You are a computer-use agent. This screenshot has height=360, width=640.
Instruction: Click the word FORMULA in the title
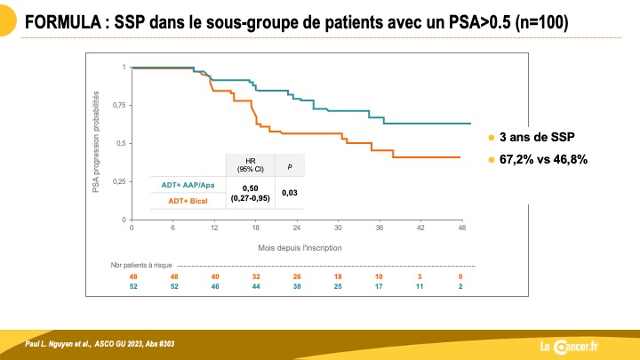63,22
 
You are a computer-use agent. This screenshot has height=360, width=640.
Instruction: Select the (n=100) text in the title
541,22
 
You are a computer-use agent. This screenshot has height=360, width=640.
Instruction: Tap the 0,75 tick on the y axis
120,105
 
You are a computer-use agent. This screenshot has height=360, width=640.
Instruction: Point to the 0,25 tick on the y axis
120,181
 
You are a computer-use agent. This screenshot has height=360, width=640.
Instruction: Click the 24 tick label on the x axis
297,228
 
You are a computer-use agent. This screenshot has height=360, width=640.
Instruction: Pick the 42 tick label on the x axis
420,228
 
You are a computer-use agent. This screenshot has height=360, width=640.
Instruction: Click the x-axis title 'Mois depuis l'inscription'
300,248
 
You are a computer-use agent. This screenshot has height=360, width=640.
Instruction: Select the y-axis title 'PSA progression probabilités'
95,141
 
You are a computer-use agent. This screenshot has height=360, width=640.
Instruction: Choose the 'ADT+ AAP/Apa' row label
188,185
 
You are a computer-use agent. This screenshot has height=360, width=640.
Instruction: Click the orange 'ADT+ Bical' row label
188,201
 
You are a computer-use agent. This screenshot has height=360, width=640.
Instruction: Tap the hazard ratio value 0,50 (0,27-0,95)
250,193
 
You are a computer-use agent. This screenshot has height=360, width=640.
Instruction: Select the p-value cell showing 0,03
290,193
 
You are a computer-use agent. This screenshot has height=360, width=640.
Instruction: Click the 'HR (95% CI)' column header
250,165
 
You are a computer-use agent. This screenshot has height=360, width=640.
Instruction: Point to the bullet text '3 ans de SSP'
537,137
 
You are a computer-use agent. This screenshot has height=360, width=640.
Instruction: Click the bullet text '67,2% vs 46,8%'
543,159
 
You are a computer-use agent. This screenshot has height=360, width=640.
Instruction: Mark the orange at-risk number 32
256,276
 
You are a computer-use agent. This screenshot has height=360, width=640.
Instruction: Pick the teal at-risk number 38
297,286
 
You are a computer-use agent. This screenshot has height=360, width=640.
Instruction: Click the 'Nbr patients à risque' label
141,265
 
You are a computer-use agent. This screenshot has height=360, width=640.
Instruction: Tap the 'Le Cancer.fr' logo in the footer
569,347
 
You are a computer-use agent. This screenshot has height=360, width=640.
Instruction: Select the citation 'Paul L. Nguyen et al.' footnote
58,344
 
